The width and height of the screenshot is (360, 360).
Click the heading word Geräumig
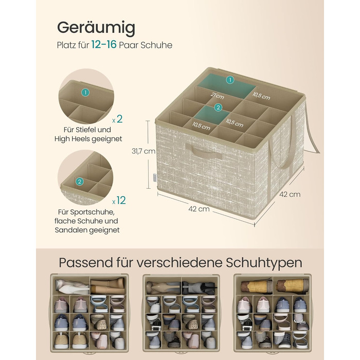(96, 28)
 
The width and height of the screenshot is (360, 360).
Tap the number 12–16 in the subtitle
(104, 44)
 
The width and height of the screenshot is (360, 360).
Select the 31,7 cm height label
(143, 151)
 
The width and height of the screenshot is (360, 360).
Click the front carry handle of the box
(204, 151)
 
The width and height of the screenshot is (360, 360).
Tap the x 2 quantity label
(118, 119)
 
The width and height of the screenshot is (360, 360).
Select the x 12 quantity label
(119, 201)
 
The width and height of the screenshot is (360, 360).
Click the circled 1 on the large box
(230, 80)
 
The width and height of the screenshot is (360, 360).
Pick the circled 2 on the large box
(218, 107)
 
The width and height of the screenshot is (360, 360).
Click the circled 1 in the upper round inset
(85, 93)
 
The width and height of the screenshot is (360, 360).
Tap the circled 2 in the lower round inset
(79, 182)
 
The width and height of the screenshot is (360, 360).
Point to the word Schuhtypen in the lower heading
(264, 263)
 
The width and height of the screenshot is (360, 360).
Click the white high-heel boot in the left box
(71, 286)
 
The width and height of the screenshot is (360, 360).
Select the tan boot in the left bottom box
(108, 286)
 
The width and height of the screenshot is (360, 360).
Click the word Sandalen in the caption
(69, 230)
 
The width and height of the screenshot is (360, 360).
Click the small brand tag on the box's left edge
(155, 177)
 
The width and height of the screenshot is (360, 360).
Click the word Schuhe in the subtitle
(156, 45)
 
